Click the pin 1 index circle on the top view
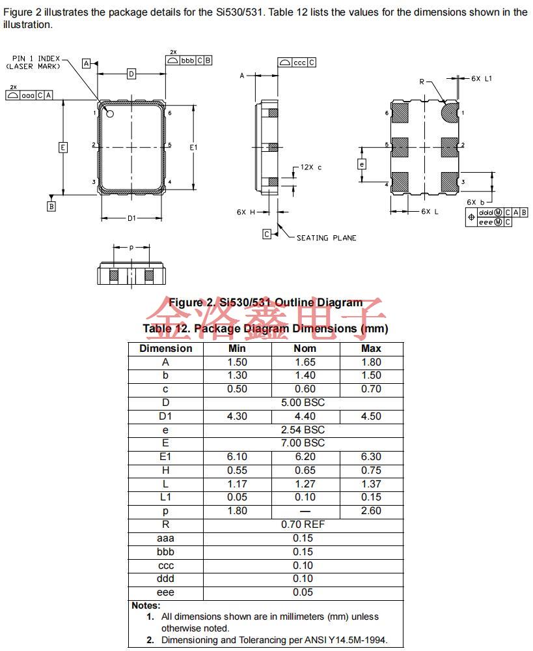(x=110, y=115)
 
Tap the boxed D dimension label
(x=131, y=74)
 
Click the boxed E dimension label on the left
(x=62, y=147)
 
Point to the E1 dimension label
(x=193, y=148)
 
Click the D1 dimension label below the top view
(x=131, y=218)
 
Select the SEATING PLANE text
(x=326, y=238)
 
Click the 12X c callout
(x=310, y=167)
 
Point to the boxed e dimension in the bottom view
(x=362, y=164)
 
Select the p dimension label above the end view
(x=131, y=248)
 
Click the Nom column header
(x=305, y=348)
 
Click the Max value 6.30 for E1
(x=371, y=457)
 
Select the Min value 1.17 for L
(x=237, y=484)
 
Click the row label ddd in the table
(x=165, y=579)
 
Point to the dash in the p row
(x=305, y=511)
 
